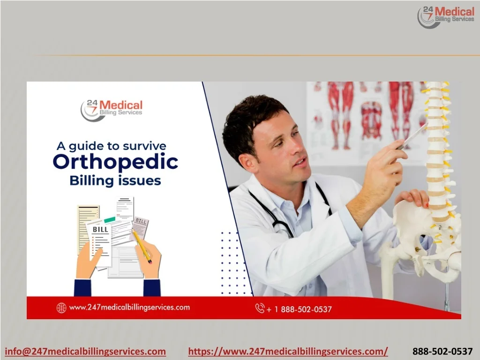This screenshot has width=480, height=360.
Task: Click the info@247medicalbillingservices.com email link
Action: (85, 351)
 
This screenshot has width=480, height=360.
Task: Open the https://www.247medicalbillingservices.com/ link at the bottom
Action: (288, 351)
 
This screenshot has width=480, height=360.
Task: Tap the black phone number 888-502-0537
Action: (442, 351)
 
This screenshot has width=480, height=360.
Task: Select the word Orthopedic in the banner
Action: (115, 162)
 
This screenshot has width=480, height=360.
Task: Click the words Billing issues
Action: (115, 180)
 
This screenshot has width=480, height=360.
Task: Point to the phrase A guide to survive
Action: (112, 146)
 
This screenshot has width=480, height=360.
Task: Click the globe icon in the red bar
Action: (61, 307)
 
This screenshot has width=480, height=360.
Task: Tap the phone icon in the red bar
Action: (260, 308)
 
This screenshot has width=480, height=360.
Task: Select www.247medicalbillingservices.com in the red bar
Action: (129, 307)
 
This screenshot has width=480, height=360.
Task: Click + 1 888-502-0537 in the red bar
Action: (299, 309)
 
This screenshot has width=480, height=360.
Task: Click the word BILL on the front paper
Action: (100, 229)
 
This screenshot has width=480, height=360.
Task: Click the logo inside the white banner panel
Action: (112, 111)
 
